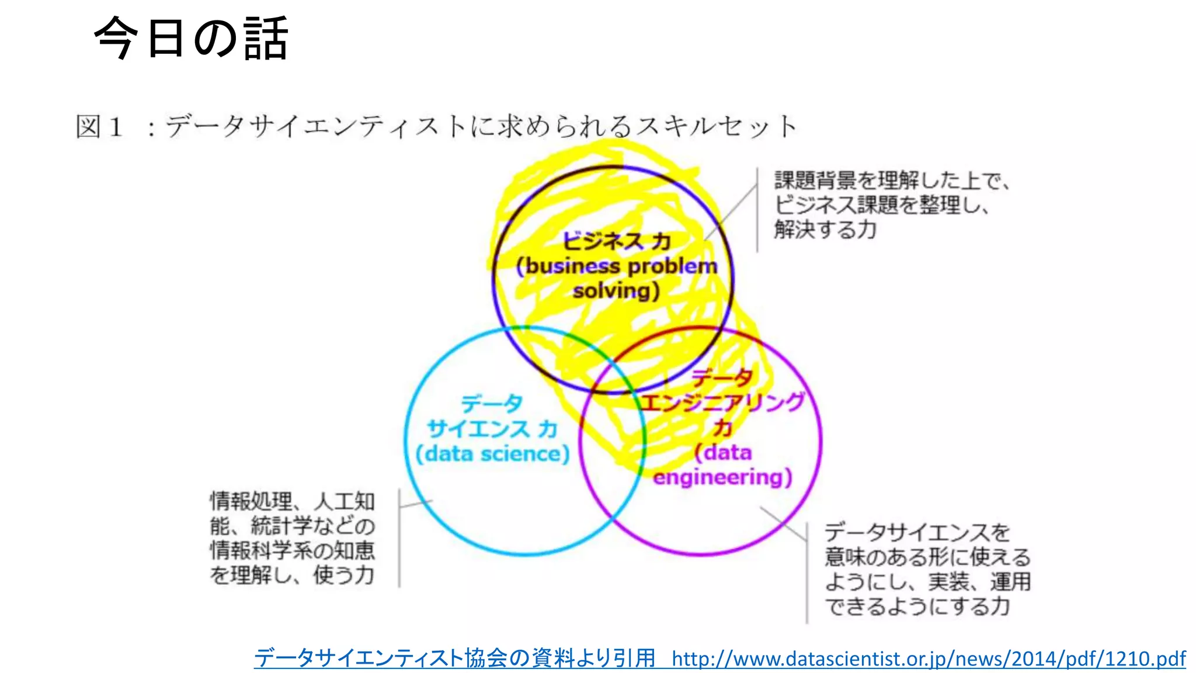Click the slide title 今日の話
coord(191,39)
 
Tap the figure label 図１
coord(100,127)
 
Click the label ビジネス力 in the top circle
coord(616,241)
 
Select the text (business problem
coord(617,266)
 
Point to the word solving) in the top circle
coord(616,291)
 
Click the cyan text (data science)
coord(492,454)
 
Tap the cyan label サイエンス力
coord(492,429)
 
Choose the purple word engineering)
coord(722,477)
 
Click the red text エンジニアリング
coord(722,403)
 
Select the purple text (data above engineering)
coord(723,452)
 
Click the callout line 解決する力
coord(825,230)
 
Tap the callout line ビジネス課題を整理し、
coord(881,205)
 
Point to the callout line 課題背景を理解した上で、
coord(892,181)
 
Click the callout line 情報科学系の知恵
coord(293,550)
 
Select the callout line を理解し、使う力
coord(293,575)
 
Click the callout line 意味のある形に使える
coord(927,557)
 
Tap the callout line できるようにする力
coord(917,606)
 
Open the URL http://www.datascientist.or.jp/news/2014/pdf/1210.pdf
coord(929,659)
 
